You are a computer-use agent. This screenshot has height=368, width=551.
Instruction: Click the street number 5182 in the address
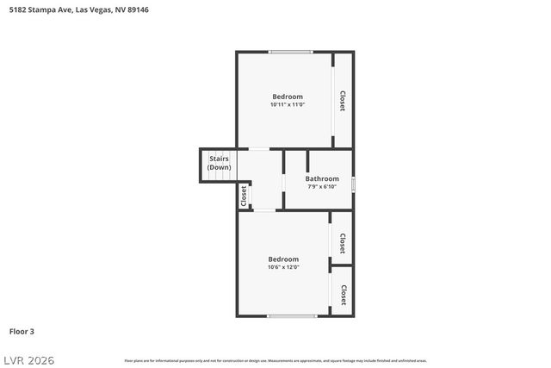click(16, 9)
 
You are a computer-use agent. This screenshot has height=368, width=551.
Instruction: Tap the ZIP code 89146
click(138, 9)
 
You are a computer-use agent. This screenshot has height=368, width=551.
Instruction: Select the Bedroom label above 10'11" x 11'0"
click(288, 96)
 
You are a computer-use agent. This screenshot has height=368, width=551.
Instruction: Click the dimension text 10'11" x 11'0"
click(288, 104)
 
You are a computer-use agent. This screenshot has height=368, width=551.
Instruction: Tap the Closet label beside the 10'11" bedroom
click(343, 101)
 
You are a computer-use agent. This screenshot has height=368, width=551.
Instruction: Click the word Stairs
click(218, 159)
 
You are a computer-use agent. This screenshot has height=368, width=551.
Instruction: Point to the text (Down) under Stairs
click(219, 167)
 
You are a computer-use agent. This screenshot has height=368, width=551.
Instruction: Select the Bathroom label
click(322, 178)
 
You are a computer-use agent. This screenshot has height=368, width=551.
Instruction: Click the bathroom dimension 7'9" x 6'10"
click(322, 187)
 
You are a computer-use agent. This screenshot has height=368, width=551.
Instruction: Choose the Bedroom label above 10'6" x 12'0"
click(283, 259)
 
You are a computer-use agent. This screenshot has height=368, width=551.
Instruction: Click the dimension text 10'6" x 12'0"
click(283, 267)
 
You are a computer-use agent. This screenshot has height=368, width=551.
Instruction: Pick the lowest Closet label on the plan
click(343, 296)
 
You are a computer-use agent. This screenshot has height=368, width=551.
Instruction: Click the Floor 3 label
click(22, 331)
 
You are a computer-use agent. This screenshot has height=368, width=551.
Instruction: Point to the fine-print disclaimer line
click(275, 360)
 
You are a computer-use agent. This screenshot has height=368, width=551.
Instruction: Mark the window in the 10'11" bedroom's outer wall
click(290, 52)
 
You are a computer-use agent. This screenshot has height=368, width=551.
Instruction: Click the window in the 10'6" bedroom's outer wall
click(292, 316)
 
